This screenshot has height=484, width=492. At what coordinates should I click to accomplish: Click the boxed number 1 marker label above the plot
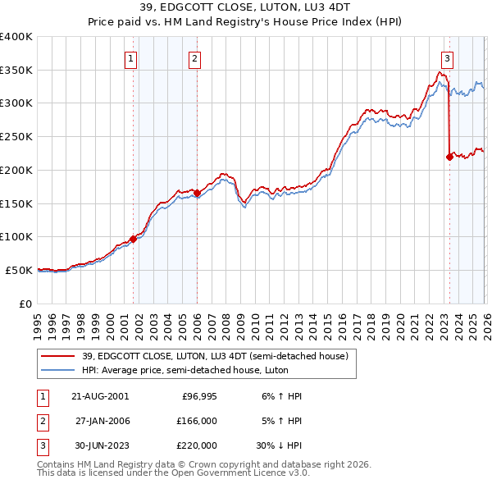coord(131,58)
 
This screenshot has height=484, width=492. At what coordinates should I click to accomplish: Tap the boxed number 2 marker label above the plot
coord(194,58)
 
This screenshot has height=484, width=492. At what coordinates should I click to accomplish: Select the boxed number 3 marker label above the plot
coord(447,58)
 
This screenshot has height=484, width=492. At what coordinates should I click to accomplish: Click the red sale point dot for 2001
coord(133,239)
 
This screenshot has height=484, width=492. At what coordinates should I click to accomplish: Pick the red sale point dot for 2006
coord(197,193)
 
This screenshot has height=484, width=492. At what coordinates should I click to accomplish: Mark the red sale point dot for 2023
coord(449,157)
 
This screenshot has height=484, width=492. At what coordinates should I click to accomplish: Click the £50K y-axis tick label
coord(19,270)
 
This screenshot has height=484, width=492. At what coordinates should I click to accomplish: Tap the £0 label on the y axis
coord(25,304)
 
